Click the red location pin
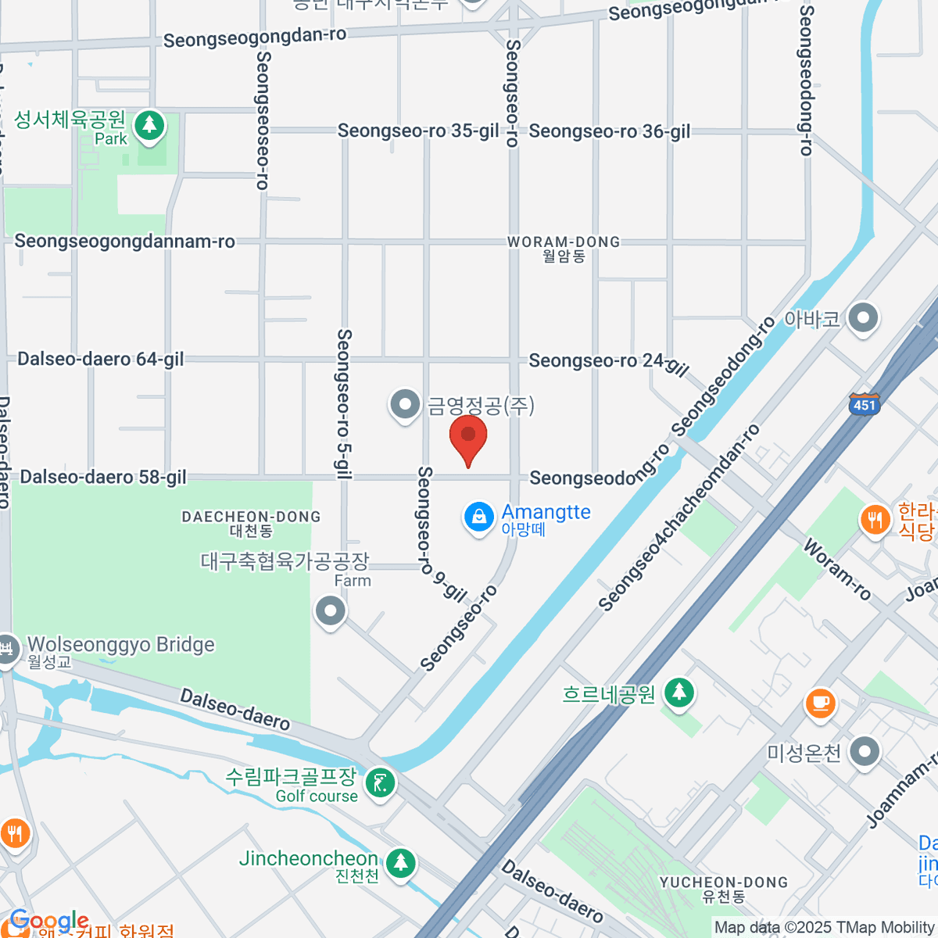tap(468, 437)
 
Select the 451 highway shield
tap(865, 404)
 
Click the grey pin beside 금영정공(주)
tap(405, 405)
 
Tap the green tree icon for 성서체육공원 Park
tap(149, 126)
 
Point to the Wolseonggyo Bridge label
tap(121, 645)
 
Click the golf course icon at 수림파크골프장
tap(381, 782)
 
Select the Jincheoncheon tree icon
tap(401, 863)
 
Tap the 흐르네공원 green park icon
tap(679, 692)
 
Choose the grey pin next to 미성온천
tap(864, 752)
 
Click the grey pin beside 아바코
tap(863, 318)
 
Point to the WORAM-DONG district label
tap(564, 243)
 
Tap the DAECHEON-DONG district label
tap(251, 517)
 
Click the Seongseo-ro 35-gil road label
tap(417, 131)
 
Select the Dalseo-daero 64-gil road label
tap(101, 360)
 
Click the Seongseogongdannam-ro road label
tap(125, 242)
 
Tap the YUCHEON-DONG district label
tap(724, 883)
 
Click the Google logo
tap(48, 921)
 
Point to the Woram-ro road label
tap(837, 570)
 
